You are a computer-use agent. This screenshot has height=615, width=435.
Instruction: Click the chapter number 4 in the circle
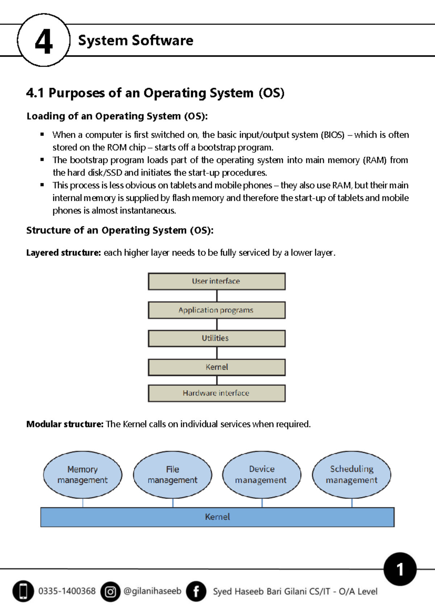43,41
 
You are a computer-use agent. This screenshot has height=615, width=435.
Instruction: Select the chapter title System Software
136,40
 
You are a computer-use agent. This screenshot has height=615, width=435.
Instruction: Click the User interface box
216,281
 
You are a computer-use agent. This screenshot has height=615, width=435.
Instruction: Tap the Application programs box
216,310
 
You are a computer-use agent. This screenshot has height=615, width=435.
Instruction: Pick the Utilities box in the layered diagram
216,338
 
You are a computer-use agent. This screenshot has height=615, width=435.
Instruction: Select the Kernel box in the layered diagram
216,367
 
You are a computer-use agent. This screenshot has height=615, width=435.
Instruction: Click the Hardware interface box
216,393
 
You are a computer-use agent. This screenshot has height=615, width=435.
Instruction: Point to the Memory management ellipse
83,475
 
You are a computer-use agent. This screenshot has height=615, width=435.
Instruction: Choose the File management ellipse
173,475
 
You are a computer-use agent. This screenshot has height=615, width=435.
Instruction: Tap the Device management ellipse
261,475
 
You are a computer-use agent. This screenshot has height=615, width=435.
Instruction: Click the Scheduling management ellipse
352,475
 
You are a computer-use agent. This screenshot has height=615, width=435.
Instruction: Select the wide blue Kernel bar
217,517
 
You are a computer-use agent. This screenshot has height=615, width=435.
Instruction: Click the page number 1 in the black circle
400,569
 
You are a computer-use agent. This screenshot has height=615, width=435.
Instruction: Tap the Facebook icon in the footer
196,591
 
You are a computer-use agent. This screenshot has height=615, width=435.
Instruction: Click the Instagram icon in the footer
110,592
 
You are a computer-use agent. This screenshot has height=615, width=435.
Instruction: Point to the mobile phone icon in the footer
23,591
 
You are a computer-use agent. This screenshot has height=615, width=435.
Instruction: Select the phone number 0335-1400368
67,591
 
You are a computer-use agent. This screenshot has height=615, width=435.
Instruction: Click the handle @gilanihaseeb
152,591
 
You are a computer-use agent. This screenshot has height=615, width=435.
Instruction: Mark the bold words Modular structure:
65,424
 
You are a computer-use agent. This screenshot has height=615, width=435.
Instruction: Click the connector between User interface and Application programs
217,296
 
